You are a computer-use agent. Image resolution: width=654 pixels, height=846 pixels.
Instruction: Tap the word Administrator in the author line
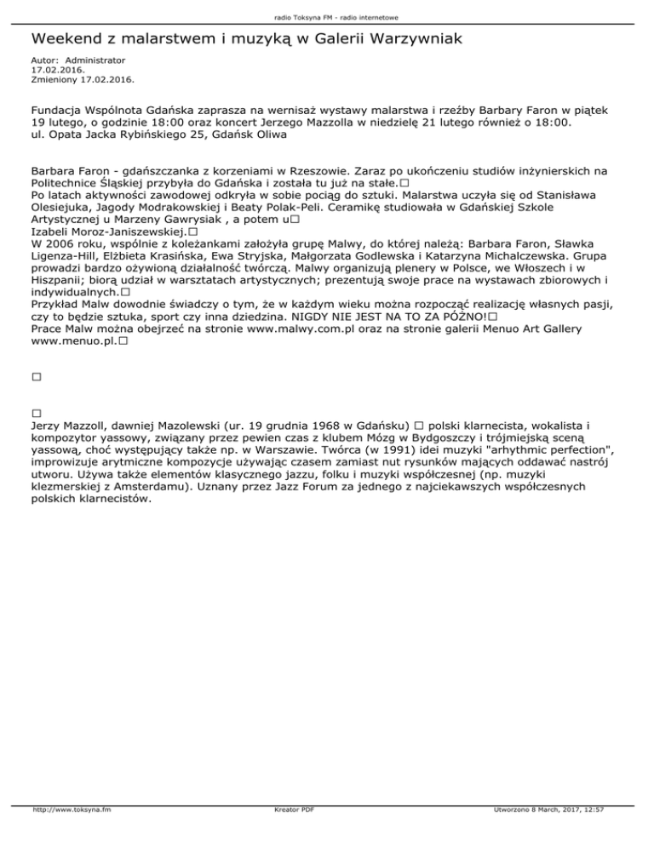95,61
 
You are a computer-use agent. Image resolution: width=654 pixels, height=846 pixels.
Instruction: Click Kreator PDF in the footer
290,833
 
